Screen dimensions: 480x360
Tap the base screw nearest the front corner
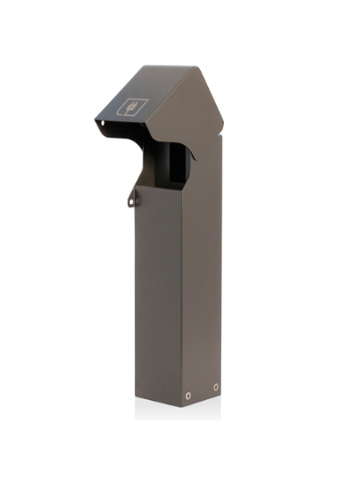tap(188, 396)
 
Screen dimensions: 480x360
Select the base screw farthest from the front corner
tap(215, 387)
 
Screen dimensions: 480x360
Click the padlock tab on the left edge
tap(132, 197)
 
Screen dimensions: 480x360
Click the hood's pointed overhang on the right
tap(221, 128)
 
